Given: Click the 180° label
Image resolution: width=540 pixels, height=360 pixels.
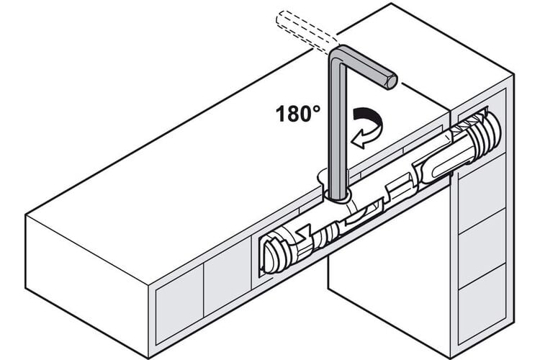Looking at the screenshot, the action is click(x=298, y=114).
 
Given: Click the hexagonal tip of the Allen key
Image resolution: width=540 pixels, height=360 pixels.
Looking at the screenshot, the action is click(x=392, y=82).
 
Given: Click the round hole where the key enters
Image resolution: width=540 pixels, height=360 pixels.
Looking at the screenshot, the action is click(x=336, y=197).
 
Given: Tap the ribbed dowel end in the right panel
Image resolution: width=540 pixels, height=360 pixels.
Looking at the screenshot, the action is click(x=482, y=132).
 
